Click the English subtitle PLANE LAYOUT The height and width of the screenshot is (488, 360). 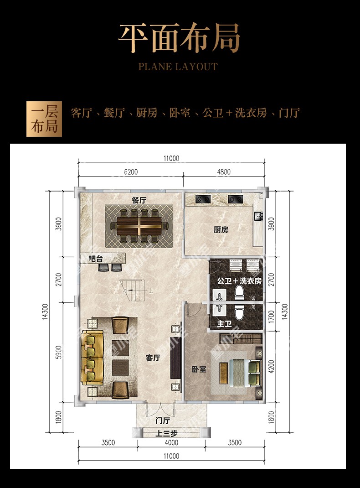pyautogui.click(x=178, y=67)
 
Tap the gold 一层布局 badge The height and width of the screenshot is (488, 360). pyautogui.click(x=44, y=119)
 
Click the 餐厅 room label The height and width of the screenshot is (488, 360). pyautogui.click(x=139, y=200)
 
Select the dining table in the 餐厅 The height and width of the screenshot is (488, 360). pyautogui.click(x=139, y=226)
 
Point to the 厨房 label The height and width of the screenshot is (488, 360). pyautogui.click(x=221, y=230)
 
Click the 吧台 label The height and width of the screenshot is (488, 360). pyautogui.click(x=95, y=258)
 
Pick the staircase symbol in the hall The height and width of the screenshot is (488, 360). pyautogui.click(x=133, y=290)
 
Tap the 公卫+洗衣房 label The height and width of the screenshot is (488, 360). pyautogui.click(x=239, y=281)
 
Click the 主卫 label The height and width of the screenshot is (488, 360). pyautogui.click(x=224, y=324)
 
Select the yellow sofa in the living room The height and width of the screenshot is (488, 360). pyautogui.click(x=92, y=358)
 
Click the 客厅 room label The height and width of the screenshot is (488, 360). pyautogui.click(x=153, y=358)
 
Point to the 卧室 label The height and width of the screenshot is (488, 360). pyautogui.click(x=199, y=369)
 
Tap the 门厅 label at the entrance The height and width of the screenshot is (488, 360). pyautogui.click(x=163, y=421)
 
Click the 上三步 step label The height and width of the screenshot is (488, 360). pyautogui.click(x=166, y=433)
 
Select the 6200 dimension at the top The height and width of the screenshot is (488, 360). pyautogui.click(x=131, y=172)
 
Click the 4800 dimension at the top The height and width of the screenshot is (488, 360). pyautogui.click(x=224, y=172)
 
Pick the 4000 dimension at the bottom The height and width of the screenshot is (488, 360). pyautogui.click(x=171, y=442)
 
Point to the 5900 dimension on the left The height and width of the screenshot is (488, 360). pyautogui.click(x=58, y=352)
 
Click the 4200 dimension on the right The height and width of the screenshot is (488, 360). pyautogui.click(x=271, y=366)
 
